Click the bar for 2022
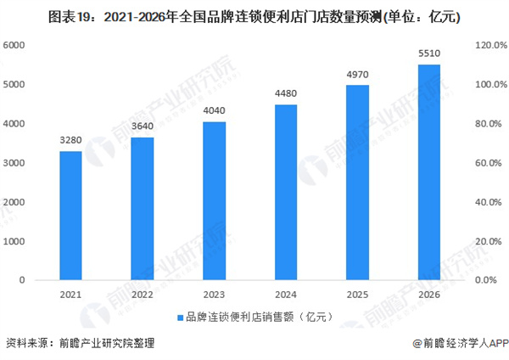pyautogui.click(x=143, y=209)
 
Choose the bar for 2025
pyautogui.click(x=358, y=183)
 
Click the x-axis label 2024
pyautogui.click(x=286, y=293)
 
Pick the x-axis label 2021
pyautogui.click(x=70, y=293)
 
